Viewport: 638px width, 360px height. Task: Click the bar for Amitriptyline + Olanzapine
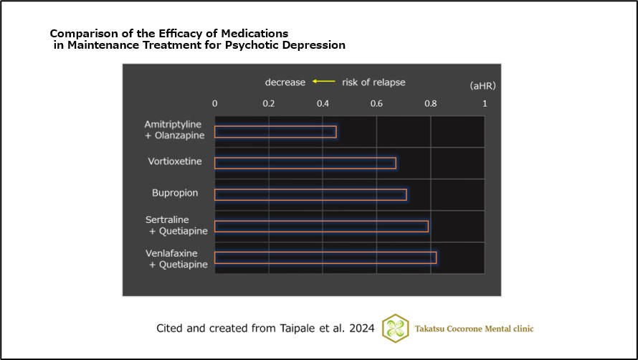pos(275,132)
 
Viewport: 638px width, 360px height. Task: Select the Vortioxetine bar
pos(305,163)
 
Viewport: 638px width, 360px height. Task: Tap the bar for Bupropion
pos(310,194)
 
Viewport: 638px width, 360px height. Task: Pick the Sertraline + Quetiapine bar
pos(321,227)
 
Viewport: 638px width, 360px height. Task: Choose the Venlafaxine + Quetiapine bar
pos(325,257)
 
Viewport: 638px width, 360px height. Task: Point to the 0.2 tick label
pos(269,103)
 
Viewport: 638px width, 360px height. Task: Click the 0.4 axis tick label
pos(323,103)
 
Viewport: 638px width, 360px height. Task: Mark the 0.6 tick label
pos(377,103)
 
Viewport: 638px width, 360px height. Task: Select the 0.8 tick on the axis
pos(431,103)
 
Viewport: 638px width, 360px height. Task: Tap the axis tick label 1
pos(485,103)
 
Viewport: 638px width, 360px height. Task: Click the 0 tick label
pos(215,103)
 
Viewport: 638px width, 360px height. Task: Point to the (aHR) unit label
pos(482,85)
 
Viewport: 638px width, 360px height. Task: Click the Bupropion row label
pos(175,194)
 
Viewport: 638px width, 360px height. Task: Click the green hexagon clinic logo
pos(396,328)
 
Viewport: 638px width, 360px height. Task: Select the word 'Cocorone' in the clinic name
pos(467,328)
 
